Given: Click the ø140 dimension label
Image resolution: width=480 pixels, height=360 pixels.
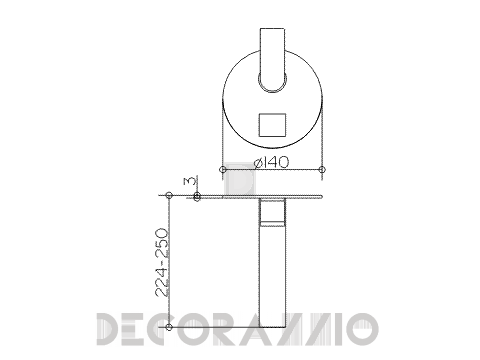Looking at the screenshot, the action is coord(271,162).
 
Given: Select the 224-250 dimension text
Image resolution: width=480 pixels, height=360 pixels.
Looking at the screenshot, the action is coord(162,262).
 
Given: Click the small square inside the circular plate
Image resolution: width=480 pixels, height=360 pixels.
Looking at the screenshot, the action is coord(273,125).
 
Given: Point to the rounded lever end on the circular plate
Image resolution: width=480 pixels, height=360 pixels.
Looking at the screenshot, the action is coord(272,82).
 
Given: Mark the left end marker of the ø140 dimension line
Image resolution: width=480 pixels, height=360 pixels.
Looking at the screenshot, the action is coord(223,169).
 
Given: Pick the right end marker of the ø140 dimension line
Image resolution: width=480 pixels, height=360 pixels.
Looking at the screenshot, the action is coord(322,169).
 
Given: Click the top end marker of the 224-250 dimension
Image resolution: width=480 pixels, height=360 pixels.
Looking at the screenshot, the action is coord(169,195).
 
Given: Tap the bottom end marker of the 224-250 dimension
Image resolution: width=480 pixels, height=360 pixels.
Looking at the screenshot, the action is coord(169,327).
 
